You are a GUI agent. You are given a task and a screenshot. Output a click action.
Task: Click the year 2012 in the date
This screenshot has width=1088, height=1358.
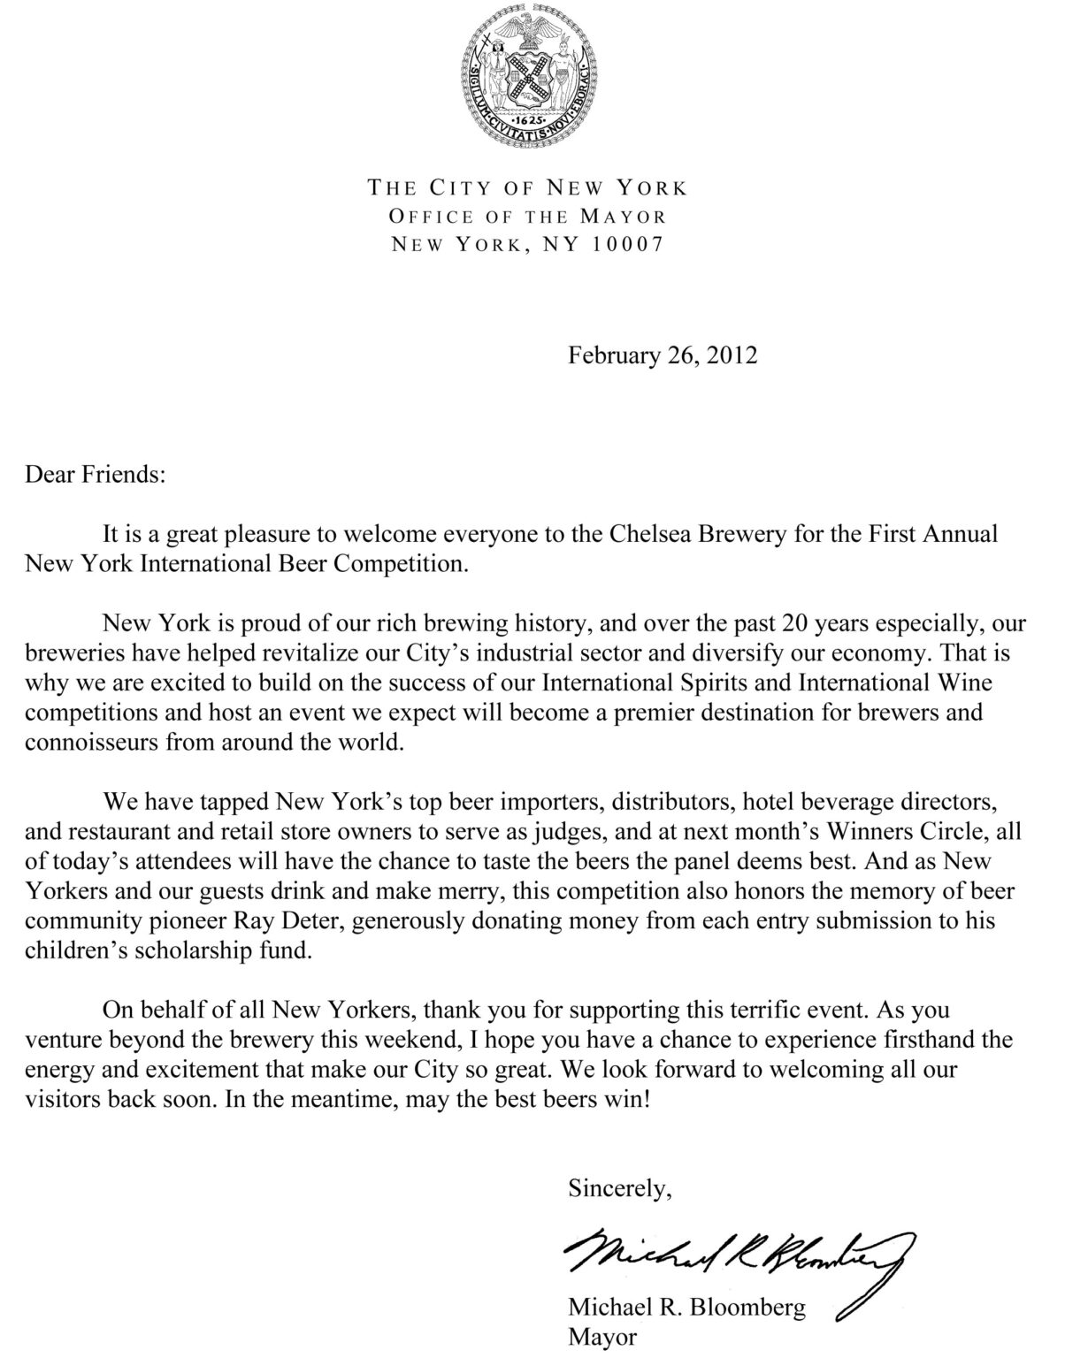point(733,355)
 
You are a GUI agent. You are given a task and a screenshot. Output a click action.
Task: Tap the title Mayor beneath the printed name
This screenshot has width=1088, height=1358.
point(601,1338)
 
